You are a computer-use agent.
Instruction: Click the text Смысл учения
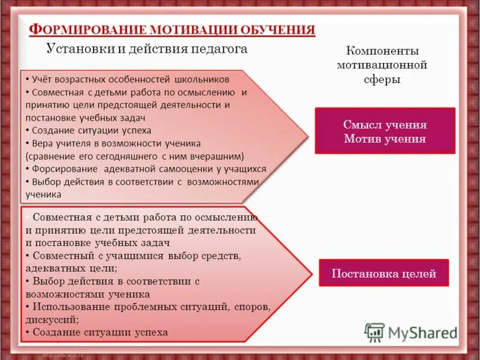pyautogui.click(x=385, y=125)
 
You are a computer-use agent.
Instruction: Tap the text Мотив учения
pyautogui.click(x=385, y=139)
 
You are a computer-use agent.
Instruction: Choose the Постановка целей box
pyautogui.click(x=383, y=275)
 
